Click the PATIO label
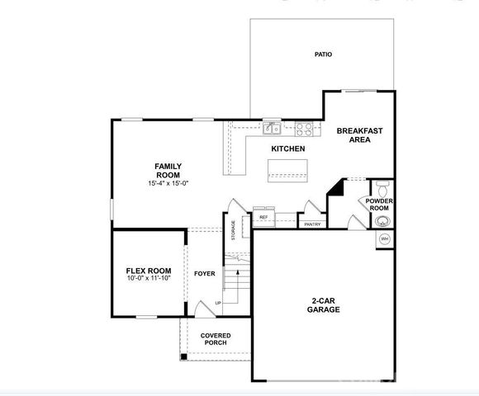323,54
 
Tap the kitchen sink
271,128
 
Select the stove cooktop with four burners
304,128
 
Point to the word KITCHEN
288,148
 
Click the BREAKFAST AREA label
359,135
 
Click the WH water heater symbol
384,238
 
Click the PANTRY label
312,224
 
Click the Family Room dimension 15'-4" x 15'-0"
168,184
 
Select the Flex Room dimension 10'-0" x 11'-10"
149,278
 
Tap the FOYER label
204,273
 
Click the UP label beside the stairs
218,303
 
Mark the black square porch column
183,356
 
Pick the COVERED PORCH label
216,340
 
